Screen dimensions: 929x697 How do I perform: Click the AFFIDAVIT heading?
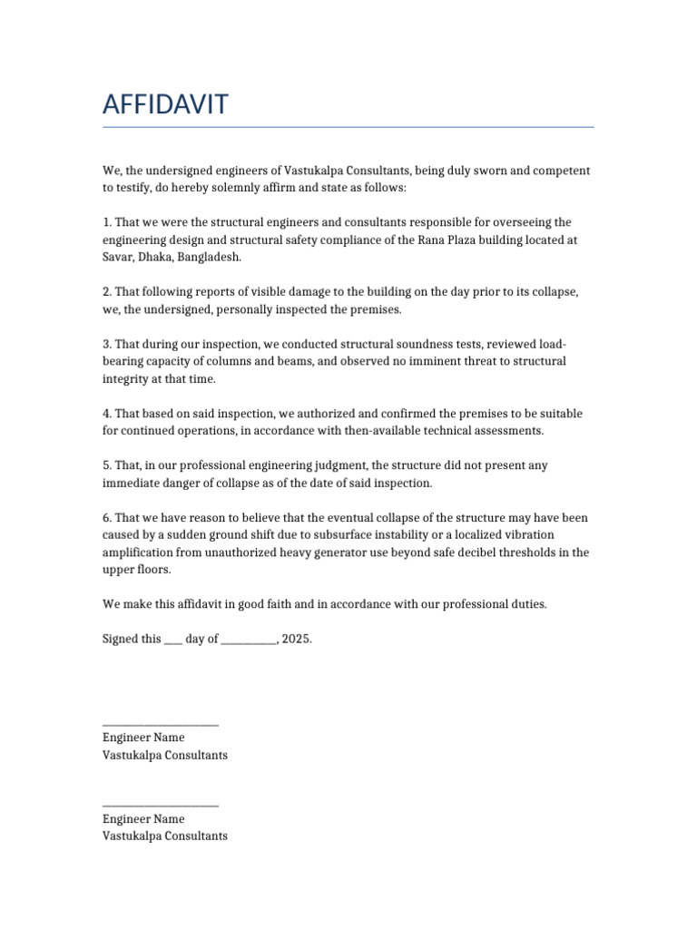(165, 105)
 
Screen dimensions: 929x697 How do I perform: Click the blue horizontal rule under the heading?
(348, 127)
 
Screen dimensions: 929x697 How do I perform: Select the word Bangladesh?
(210, 258)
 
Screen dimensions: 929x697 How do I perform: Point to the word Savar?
(118, 258)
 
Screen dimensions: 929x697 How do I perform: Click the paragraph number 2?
(106, 292)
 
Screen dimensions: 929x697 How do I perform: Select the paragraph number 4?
(106, 414)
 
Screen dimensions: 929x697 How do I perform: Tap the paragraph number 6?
(106, 518)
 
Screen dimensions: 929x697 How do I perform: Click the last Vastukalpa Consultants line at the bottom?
(164, 836)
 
